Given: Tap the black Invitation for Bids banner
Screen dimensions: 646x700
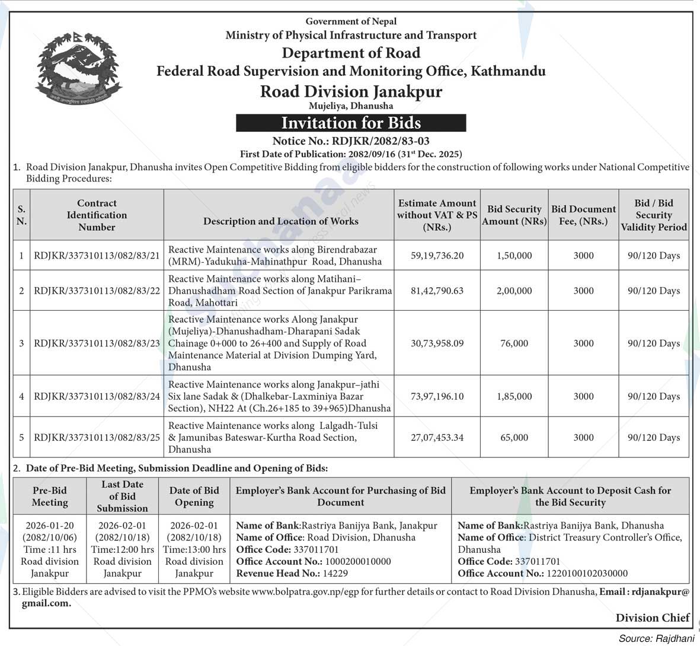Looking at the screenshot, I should (x=351, y=123).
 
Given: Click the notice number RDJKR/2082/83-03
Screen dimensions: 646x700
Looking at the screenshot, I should (x=351, y=141).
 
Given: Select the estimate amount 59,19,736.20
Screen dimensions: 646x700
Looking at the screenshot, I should (x=437, y=256).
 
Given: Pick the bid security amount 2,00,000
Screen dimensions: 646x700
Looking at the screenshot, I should (x=514, y=291).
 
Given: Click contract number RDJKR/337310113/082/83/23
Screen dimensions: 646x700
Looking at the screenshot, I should (x=97, y=343).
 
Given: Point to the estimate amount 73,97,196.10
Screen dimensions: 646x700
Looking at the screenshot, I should (x=437, y=396).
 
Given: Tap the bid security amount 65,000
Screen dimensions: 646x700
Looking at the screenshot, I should (x=514, y=437).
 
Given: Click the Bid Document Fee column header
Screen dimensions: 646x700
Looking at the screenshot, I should (x=583, y=215).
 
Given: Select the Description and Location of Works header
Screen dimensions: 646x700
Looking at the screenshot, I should (x=280, y=221).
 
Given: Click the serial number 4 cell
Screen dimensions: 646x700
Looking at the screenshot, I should (x=21, y=396).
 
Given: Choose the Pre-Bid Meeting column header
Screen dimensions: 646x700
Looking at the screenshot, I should (x=50, y=497).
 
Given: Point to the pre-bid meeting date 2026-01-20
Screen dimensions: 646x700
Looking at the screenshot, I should (x=50, y=526).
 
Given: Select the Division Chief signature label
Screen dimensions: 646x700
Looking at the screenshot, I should (x=652, y=618).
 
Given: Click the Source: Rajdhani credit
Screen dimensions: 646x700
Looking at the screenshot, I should (x=656, y=639).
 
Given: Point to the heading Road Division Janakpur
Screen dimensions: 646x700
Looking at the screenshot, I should (x=351, y=91).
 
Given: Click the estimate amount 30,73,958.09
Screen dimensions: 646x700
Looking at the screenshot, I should (x=437, y=343).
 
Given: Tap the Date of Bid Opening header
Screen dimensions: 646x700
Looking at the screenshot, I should (x=194, y=497).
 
